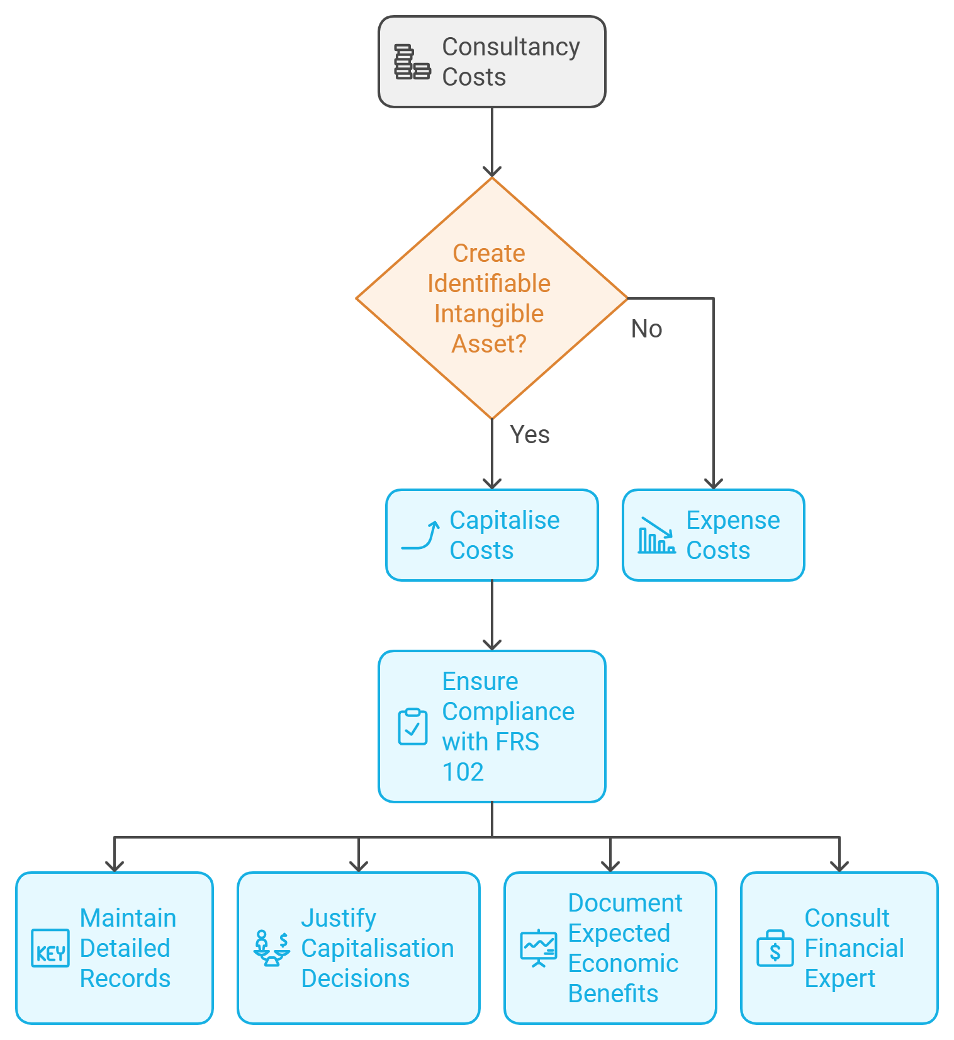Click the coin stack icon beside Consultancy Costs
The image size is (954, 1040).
(412, 62)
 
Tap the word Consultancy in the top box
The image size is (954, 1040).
(510, 47)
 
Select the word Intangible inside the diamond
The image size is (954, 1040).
(488, 314)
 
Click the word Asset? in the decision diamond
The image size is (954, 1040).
(488, 344)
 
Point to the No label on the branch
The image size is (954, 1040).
(646, 329)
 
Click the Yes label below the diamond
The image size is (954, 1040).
(529, 434)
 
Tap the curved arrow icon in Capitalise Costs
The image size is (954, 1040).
(420, 535)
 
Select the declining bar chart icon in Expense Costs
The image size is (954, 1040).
(656, 536)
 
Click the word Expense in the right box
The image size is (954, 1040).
(732, 521)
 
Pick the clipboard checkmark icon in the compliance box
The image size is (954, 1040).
(413, 727)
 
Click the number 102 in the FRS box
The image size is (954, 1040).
(463, 772)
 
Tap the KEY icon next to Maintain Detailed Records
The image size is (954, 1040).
(50, 948)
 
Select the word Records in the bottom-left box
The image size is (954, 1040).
(125, 978)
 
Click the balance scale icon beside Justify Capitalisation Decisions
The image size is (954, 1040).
(271, 948)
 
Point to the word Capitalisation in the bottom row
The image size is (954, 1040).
(377, 948)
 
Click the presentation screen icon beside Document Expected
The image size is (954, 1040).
(539, 948)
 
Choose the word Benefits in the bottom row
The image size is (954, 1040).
(613, 993)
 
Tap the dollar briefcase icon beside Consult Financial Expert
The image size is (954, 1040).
(775, 949)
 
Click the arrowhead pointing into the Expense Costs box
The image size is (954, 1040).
(713, 483)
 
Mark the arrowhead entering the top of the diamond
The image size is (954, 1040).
(492, 172)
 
